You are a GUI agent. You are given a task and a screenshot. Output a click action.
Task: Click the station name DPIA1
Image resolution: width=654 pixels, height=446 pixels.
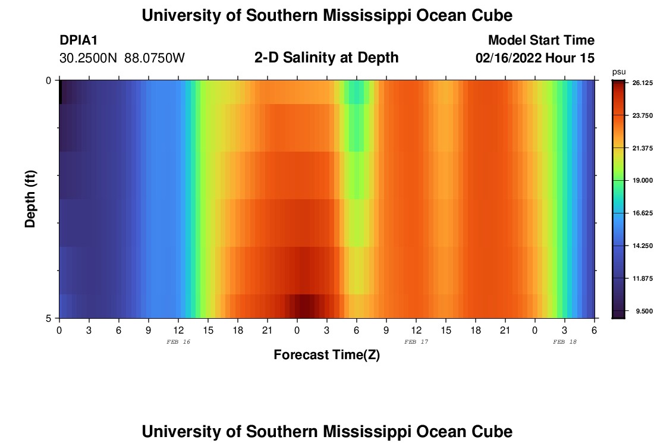(x=78, y=40)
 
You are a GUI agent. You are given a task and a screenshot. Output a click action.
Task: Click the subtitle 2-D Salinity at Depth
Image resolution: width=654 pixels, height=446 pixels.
(x=326, y=58)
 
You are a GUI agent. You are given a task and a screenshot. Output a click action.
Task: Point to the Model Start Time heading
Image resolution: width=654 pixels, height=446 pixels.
(x=541, y=40)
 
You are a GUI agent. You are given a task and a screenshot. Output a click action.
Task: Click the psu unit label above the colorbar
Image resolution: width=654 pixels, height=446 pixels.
(x=619, y=72)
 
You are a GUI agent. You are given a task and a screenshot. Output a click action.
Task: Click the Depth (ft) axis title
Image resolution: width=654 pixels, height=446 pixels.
(x=31, y=198)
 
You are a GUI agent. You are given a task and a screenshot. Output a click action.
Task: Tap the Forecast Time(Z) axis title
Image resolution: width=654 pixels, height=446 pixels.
(x=326, y=355)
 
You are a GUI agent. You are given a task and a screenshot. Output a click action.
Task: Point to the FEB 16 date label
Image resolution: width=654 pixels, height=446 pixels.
(x=178, y=342)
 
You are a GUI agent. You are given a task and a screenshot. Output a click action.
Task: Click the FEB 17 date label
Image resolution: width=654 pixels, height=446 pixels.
(x=416, y=342)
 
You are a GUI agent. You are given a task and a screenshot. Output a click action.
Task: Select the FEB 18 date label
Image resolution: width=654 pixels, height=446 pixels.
(x=565, y=342)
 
